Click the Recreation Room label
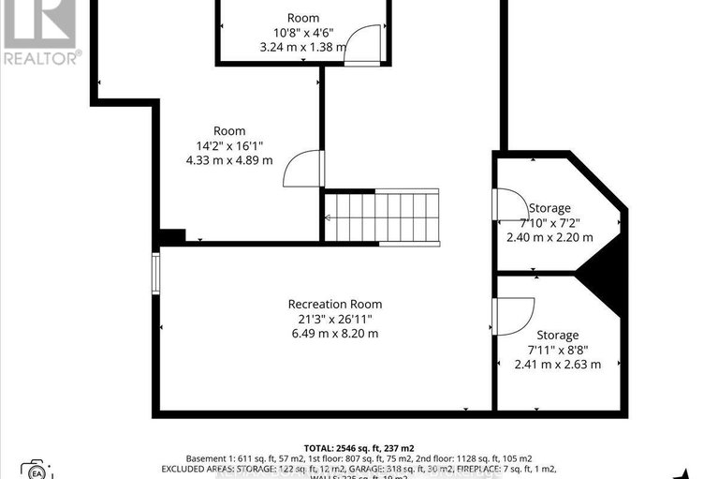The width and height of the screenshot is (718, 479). click(335, 304)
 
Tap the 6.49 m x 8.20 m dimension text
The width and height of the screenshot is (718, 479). click(335, 333)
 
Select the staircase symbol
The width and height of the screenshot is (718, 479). click(381, 217)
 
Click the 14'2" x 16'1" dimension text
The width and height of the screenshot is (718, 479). click(229, 145)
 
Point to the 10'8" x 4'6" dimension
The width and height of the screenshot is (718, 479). click(303, 32)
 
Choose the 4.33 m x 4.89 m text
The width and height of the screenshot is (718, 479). click(229, 160)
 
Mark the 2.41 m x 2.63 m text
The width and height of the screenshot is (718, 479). click(557, 365)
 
